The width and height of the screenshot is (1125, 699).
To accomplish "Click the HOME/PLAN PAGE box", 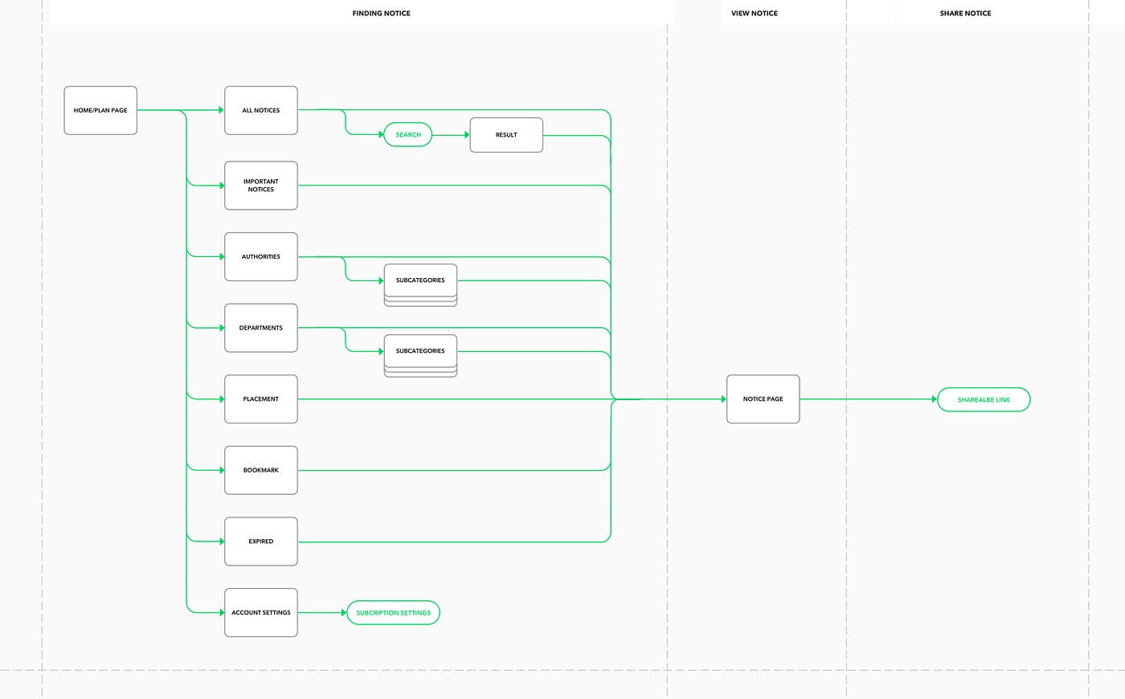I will [100, 110].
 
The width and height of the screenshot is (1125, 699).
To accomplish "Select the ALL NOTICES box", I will [261, 110].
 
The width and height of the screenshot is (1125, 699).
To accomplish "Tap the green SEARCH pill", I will [408, 135].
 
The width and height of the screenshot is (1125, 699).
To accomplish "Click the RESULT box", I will [506, 135].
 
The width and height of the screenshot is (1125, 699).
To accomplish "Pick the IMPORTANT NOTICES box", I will [261, 186].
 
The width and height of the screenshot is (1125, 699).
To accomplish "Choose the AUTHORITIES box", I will [261, 257].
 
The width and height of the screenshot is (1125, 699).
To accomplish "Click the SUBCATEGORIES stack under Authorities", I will [420, 281].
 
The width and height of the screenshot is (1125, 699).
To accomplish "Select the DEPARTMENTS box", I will [261, 328].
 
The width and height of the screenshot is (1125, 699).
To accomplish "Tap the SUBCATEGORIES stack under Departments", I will [420, 352].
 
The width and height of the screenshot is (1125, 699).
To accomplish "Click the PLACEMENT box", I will [261, 399].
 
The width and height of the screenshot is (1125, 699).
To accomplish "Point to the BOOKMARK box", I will [261, 470].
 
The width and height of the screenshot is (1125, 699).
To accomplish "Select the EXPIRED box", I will [261, 542].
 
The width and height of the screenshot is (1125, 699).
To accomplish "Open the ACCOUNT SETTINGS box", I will [261, 612].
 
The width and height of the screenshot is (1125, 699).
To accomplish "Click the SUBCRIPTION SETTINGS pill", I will [393, 613].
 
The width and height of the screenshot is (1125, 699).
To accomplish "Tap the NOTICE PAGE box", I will [763, 399].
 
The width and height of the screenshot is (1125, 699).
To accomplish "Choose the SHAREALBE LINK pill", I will [984, 400].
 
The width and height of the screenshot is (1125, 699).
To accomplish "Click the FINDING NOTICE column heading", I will [381, 14].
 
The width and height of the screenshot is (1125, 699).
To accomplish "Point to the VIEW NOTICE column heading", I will [754, 14].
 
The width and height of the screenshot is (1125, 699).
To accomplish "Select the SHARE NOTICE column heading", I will [965, 14].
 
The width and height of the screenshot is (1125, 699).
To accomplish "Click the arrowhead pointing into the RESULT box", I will [466, 135].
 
